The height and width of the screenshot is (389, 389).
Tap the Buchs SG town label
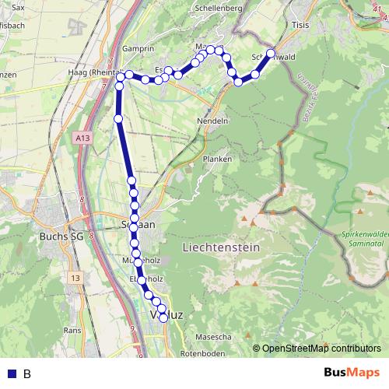(x=61, y=236)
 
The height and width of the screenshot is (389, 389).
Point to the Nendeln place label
(x=212, y=121)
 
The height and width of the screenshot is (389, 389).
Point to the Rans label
(x=72, y=330)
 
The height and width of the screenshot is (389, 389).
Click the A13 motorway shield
(x=83, y=138)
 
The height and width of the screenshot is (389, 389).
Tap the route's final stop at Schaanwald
(x=271, y=54)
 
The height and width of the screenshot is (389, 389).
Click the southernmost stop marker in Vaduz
(x=163, y=317)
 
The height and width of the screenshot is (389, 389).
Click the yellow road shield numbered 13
(x=75, y=278)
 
